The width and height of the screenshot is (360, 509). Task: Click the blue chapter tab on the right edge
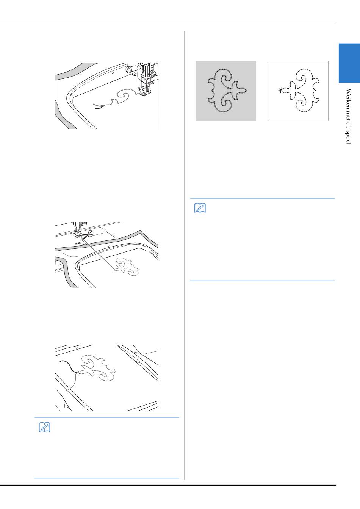tap(349, 63)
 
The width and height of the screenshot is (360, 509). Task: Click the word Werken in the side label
tap(348, 97)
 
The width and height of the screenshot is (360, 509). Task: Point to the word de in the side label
tap(348, 123)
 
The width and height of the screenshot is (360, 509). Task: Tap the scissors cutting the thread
tap(87, 234)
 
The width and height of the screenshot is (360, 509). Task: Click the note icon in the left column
tap(45, 427)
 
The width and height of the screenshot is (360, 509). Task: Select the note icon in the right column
tap(200, 208)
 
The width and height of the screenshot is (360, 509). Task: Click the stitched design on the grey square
tap(227, 91)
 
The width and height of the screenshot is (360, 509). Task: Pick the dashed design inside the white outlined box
tap(299, 91)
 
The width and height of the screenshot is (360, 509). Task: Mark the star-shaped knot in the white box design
tap(281, 90)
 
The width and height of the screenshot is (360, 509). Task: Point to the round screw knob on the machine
tap(129, 69)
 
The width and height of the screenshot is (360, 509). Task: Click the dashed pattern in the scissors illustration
tap(127, 267)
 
